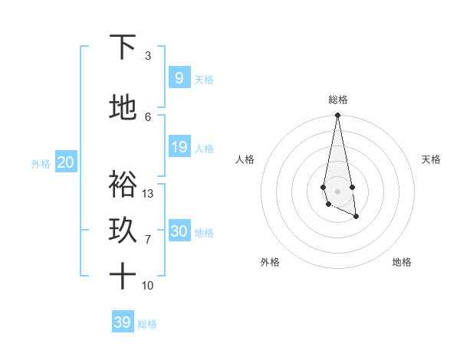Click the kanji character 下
[x=123, y=47]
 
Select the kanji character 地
[x=123, y=107]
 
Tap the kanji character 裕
[x=123, y=184]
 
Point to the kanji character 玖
[x=123, y=230]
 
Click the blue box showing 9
[x=179, y=78]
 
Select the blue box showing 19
[x=179, y=147]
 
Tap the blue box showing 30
[x=179, y=231]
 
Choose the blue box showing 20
[x=65, y=162]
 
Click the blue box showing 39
[x=122, y=322]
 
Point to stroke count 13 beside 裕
[x=148, y=194]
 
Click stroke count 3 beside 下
[x=148, y=56]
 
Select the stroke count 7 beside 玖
[x=148, y=240]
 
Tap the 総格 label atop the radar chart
[x=337, y=100]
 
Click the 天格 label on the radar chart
[x=431, y=159]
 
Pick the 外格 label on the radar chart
[x=270, y=262]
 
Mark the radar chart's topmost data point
[x=337, y=116]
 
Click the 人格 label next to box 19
[x=204, y=149]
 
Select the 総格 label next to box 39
[x=147, y=324]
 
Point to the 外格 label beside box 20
[x=41, y=164]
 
